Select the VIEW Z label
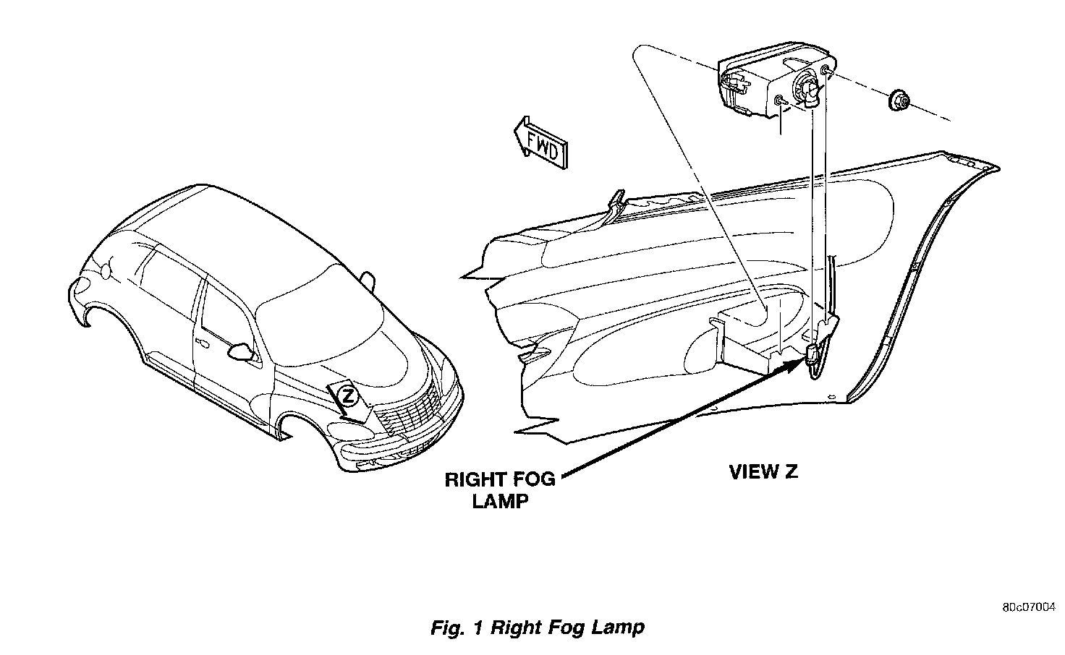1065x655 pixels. (763, 472)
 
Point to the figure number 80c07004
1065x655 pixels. (1029, 607)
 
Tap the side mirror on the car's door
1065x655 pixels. (241, 351)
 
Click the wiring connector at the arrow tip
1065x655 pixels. (812, 354)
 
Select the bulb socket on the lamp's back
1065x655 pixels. (808, 90)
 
